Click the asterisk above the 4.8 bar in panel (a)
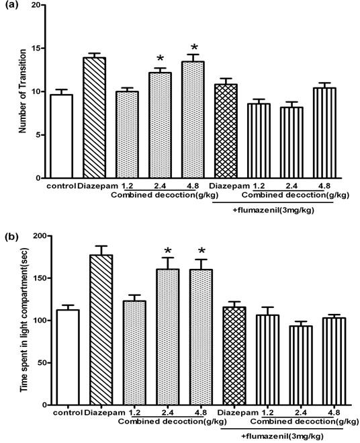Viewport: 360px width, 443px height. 194,48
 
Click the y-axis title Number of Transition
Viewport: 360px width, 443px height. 21,92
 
